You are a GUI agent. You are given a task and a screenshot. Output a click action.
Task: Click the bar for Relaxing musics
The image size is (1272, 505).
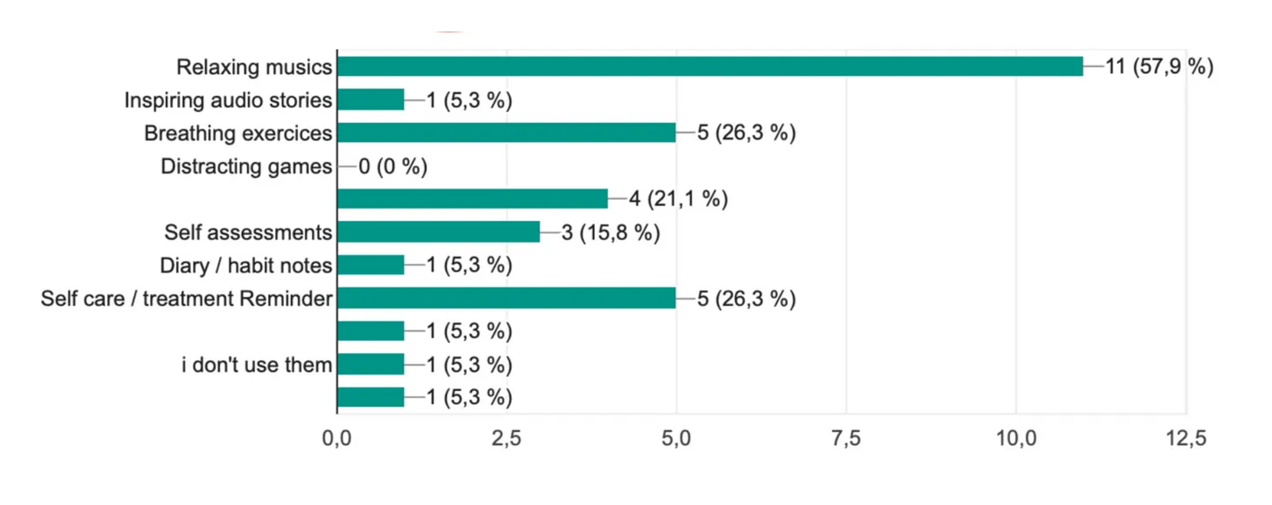pos(710,66)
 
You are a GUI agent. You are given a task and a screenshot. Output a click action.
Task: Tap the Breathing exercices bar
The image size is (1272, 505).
pos(507,132)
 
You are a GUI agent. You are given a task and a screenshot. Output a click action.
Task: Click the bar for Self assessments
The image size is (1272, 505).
pos(439,232)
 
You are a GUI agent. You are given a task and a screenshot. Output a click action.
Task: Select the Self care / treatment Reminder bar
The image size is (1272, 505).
pos(507,298)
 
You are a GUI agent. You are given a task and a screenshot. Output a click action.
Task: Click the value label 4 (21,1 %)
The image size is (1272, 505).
pos(678,199)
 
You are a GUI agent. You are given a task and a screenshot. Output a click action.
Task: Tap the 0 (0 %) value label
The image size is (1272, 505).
pos(392,166)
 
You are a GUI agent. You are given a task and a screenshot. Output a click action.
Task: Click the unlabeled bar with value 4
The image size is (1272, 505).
pos(473,199)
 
